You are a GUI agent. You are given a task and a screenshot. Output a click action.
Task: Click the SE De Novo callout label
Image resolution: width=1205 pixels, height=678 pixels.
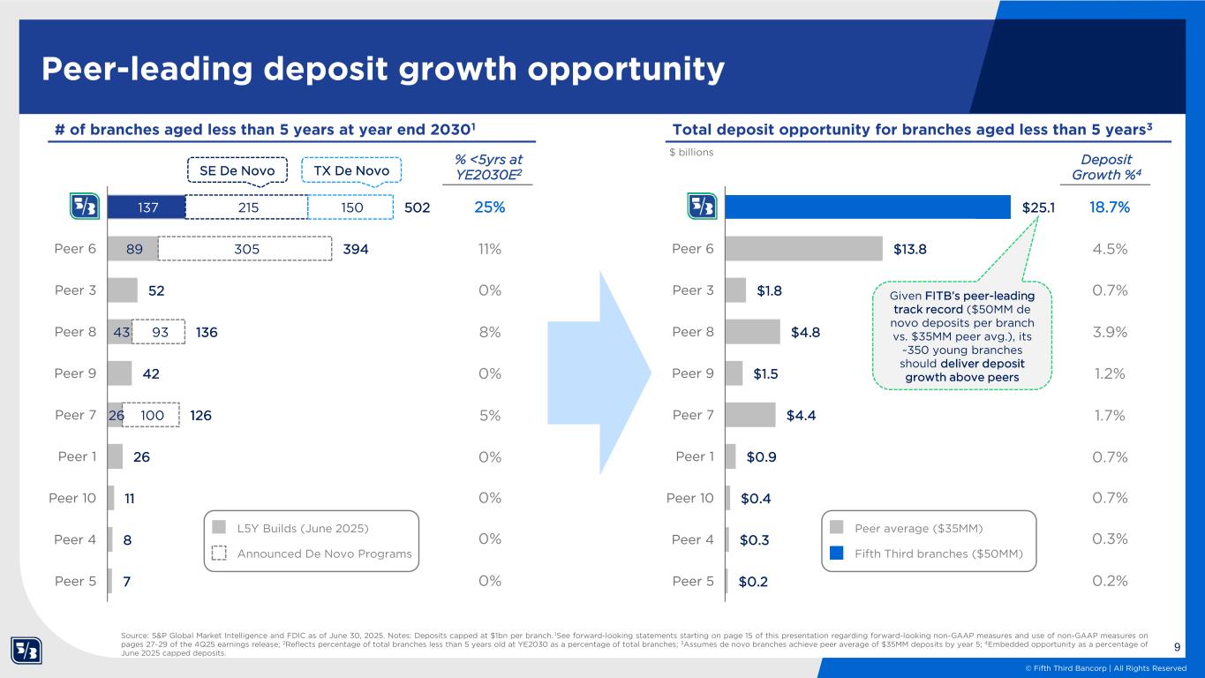pyautogui.click(x=237, y=169)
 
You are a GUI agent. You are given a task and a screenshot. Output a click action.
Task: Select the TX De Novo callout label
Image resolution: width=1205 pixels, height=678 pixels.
pyautogui.click(x=351, y=169)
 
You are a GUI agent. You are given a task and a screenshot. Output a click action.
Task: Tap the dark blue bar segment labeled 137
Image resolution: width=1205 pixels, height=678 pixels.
pyautogui.click(x=146, y=207)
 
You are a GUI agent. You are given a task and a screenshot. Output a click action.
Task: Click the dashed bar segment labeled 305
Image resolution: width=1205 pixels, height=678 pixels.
pyautogui.click(x=245, y=249)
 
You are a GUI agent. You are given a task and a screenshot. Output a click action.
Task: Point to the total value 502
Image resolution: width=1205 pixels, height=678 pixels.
pyautogui.click(x=416, y=207)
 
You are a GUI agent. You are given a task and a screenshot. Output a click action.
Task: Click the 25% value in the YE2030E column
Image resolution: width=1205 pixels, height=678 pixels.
pyautogui.click(x=489, y=207)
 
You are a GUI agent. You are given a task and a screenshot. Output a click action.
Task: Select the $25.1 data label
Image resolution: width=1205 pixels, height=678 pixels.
pyautogui.click(x=1038, y=207)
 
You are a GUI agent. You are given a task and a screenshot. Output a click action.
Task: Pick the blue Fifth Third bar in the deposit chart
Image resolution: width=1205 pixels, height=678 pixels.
pyautogui.click(x=865, y=207)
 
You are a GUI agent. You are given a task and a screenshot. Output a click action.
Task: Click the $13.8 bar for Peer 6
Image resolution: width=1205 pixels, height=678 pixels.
pyautogui.click(x=803, y=249)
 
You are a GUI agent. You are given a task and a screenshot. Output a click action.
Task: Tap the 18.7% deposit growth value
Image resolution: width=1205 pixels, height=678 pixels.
pyautogui.click(x=1108, y=207)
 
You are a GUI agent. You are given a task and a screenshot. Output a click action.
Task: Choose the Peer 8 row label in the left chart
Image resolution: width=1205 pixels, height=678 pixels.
pyautogui.click(x=77, y=332)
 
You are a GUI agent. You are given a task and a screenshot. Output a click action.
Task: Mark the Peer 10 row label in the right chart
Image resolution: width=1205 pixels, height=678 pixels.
pyautogui.click(x=689, y=498)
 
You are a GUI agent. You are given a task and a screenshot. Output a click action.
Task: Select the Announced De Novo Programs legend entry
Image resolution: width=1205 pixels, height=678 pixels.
pyautogui.click(x=324, y=554)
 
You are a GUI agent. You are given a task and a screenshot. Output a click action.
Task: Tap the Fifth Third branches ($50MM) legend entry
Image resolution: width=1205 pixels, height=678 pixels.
pyautogui.click(x=938, y=554)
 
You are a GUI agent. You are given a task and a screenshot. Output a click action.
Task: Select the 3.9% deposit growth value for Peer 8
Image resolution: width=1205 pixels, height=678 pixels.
pyautogui.click(x=1108, y=332)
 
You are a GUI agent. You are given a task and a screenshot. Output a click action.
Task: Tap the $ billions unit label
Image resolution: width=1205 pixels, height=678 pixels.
pyautogui.click(x=691, y=152)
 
